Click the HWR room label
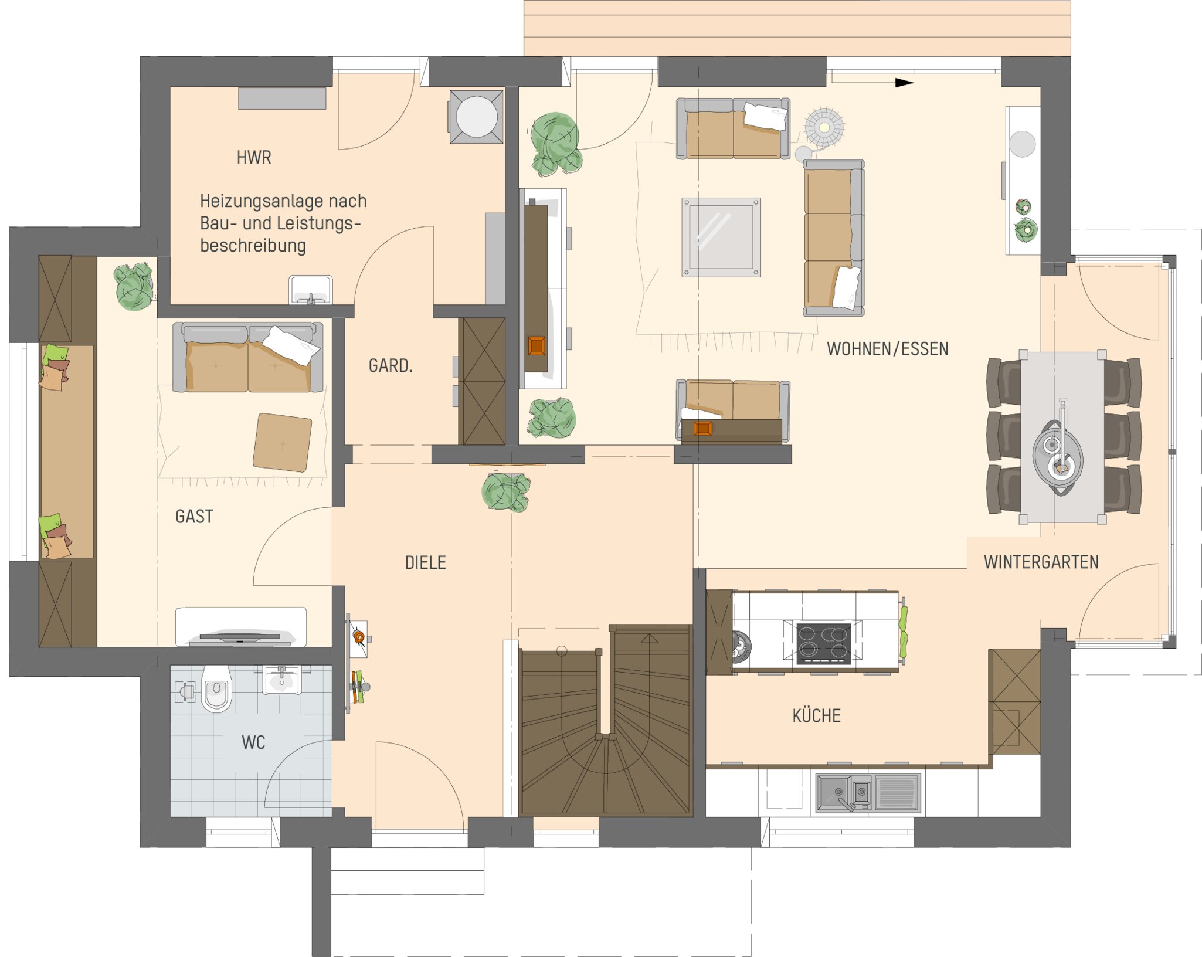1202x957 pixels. (254, 157)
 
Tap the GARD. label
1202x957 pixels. (391, 366)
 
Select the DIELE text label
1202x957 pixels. (425, 563)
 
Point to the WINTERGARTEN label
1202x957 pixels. (1041, 562)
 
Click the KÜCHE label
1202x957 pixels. (816, 715)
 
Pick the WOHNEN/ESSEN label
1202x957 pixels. (887, 349)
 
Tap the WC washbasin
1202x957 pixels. (282, 680)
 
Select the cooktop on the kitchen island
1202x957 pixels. (823, 643)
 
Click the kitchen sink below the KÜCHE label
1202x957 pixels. (868, 793)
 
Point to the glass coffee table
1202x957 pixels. (721, 237)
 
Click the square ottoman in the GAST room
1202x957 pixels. (282, 442)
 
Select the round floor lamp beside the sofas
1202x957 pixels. (824, 127)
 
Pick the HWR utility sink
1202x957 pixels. (311, 290)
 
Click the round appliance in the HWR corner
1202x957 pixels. (476, 116)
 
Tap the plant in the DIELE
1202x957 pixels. (506, 491)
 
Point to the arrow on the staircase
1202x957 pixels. (649, 638)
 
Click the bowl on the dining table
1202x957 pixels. (1058, 456)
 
